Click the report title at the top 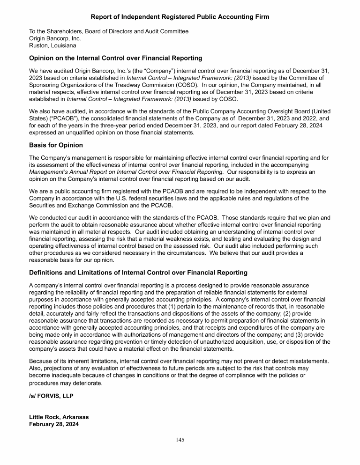tap(180, 17)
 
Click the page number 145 tap(180, 440)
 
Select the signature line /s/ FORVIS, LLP tap(51, 396)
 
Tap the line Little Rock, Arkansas tap(59, 417)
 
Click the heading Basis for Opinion tap(56, 145)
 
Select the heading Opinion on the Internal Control tap(115, 59)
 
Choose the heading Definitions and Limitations tap(138, 273)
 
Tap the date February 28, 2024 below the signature tap(54, 424)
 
